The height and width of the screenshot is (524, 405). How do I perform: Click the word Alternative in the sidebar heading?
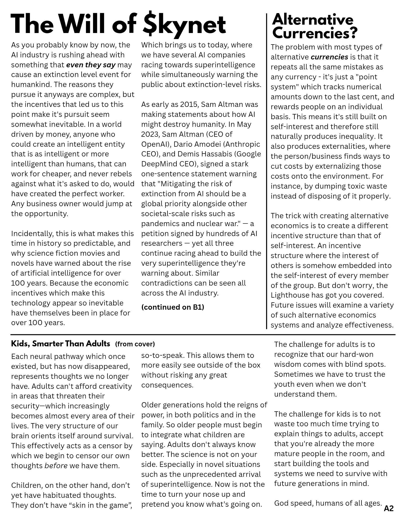pos(312,20)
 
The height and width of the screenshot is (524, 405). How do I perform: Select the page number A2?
pos(388,509)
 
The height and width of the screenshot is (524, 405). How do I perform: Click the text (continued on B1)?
pos(172,307)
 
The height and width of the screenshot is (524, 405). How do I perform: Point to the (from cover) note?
pos(135,344)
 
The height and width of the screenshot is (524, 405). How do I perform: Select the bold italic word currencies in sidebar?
pos(329,57)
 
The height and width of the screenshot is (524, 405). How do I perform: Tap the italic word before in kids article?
pos(56,466)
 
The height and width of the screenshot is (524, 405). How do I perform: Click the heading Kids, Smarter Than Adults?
pos(61,343)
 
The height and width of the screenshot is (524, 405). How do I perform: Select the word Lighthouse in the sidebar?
pos(286,295)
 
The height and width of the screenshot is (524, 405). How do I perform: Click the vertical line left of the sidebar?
pos(267,170)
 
